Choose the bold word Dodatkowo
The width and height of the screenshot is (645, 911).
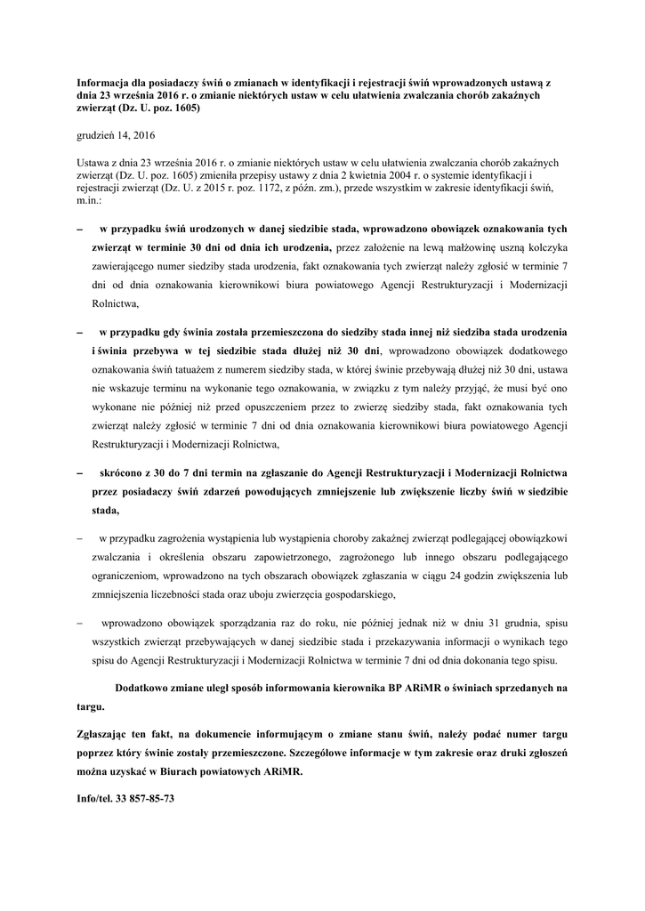click(x=145, y=688)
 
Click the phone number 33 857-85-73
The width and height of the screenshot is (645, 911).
click(x=145, y=799)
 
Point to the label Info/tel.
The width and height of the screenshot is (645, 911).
click(x=95, y=799)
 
